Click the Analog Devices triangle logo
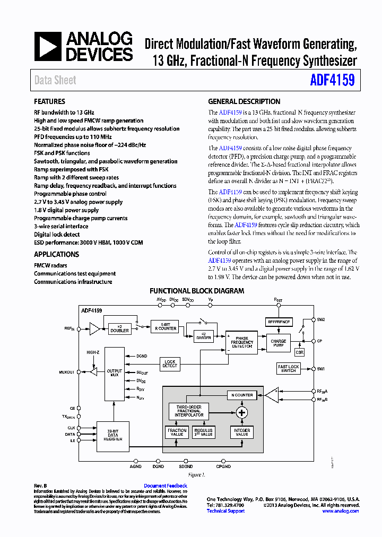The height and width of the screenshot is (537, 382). pyautogui.click(x=48, y=47)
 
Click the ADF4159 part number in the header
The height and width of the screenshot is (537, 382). pyautogui.click(x=332, y=80)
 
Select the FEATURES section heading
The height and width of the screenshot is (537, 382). pyautogui.click(x=49, y=101)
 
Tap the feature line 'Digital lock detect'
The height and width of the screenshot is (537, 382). pyautogui.click(x=57, y=235)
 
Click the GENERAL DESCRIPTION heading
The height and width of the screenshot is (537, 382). pyautogui.click(x=244, y=101)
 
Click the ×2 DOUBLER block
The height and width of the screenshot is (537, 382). pyautogui.click(x=119, y=328)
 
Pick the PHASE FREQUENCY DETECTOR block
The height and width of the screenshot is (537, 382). pyautogui.click(x=241, y=342)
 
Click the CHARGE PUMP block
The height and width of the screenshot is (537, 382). pyautogui.click(x=279, y=343)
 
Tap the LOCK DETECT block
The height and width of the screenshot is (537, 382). pyautogui.click(x=170, y=364)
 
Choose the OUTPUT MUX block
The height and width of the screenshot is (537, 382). pyautogui.click(x=114, y=373)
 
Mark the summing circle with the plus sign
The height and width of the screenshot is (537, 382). pyautogui.click(x=242, y=413)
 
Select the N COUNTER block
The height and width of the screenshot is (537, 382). pyautogui.click(x=241, y=395)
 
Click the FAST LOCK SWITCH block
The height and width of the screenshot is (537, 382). pyautogui.click(x=289, y=368)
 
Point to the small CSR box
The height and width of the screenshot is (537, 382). pyautogui.click(x=300, y=352)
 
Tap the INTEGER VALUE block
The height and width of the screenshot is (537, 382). pyautogui.click(x=241, y=432)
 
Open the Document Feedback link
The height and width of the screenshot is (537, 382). pyautogui.click(x=166, y=486)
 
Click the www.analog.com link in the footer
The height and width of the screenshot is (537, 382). pyautogui.click(x=341, y=511)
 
